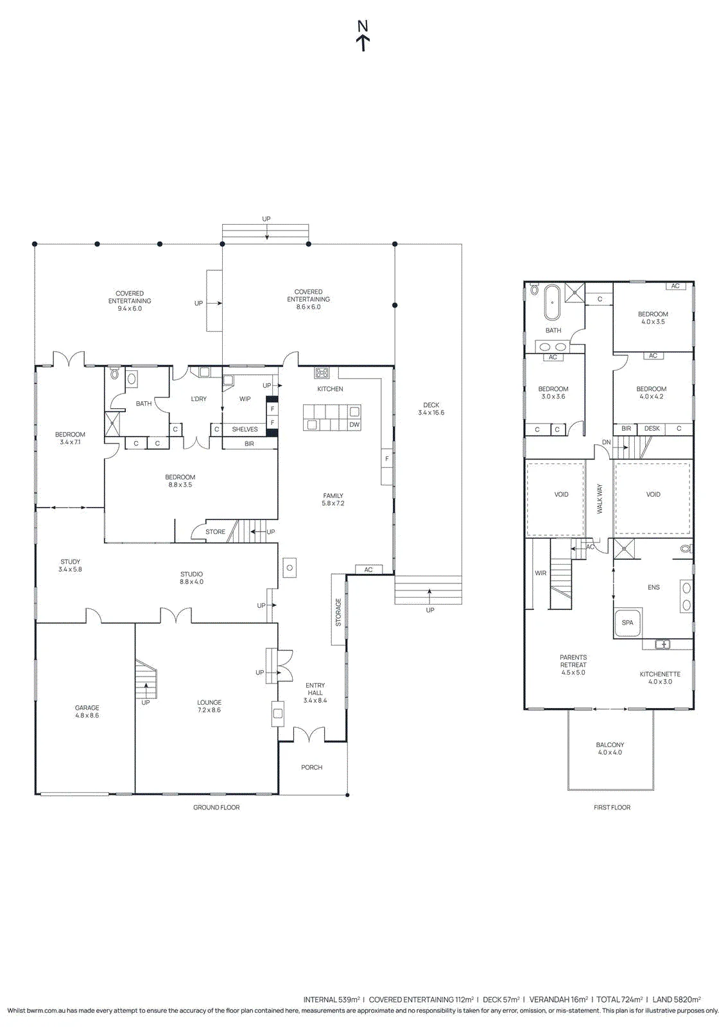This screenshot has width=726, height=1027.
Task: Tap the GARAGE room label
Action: click(x=87, y=707)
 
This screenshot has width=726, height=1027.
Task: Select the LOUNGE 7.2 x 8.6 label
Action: click(x=209, y=706)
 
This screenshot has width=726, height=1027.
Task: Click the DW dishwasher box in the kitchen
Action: click(x=354, y=424)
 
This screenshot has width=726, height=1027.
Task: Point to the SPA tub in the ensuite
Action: click(x=627, y=622)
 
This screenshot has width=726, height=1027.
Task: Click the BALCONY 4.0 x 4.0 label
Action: click(x=610, y=748)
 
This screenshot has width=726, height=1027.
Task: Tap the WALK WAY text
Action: click(x=600, y=498)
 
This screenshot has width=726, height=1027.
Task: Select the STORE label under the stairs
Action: click(x=215, y=532)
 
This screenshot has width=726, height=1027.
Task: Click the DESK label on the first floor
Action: click(x=652, y=428)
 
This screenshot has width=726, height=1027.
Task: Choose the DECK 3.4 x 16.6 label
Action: click(x=431, y=408)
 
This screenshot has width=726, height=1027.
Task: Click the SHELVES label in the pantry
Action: click(x=245, y=429)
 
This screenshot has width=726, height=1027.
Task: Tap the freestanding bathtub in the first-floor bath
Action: click(x=552, y=302)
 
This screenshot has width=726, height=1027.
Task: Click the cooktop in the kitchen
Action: click(x=322, y=372)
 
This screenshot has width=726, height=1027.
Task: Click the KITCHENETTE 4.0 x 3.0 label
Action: click(x=660, y=678)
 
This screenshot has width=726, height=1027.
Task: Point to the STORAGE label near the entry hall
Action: click(x=338, y=612)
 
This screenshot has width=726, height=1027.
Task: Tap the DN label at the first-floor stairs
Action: click(x=607, y=442)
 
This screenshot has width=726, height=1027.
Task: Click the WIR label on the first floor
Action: click(x=540, y=573)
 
